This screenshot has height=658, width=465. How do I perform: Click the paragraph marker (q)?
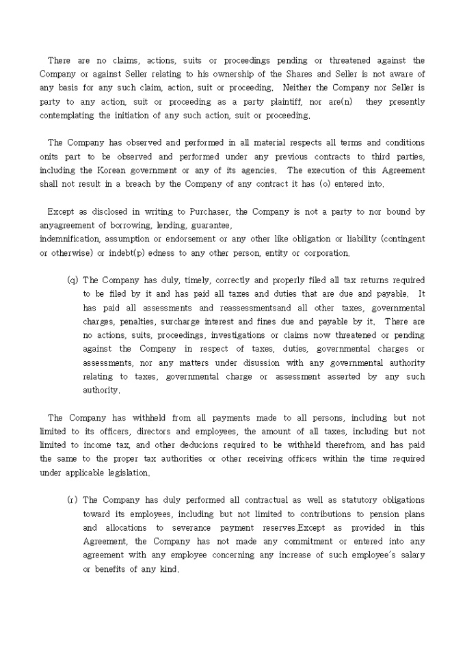click(x=72, y=280)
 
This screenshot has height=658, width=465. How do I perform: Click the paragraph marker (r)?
click(x=72, y=500)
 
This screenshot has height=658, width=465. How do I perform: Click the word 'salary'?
click(x=408, y=555)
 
